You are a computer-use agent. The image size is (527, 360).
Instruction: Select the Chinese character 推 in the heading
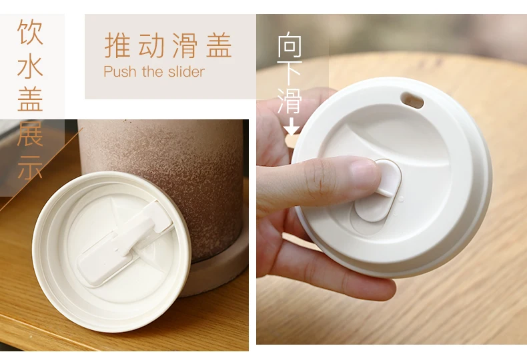[x=117, y=45]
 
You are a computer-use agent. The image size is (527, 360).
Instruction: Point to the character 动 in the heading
[x=151, y=45]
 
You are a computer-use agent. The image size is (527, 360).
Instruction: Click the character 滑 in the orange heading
[x=185, y=45]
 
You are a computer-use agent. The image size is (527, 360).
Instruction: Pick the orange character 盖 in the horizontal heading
[x=219, y=45]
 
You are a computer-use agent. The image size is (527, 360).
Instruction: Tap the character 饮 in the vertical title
[x=30, y=31]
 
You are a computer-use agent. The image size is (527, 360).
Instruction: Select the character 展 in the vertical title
[x=30, y=133]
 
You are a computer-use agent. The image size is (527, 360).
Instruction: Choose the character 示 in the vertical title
[x=30, y=167]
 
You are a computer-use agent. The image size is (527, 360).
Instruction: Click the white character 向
[x=290, y=44]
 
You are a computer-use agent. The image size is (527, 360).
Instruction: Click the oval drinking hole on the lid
[x=412, y=100]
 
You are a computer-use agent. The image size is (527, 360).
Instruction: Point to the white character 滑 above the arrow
[x=290, y=101]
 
